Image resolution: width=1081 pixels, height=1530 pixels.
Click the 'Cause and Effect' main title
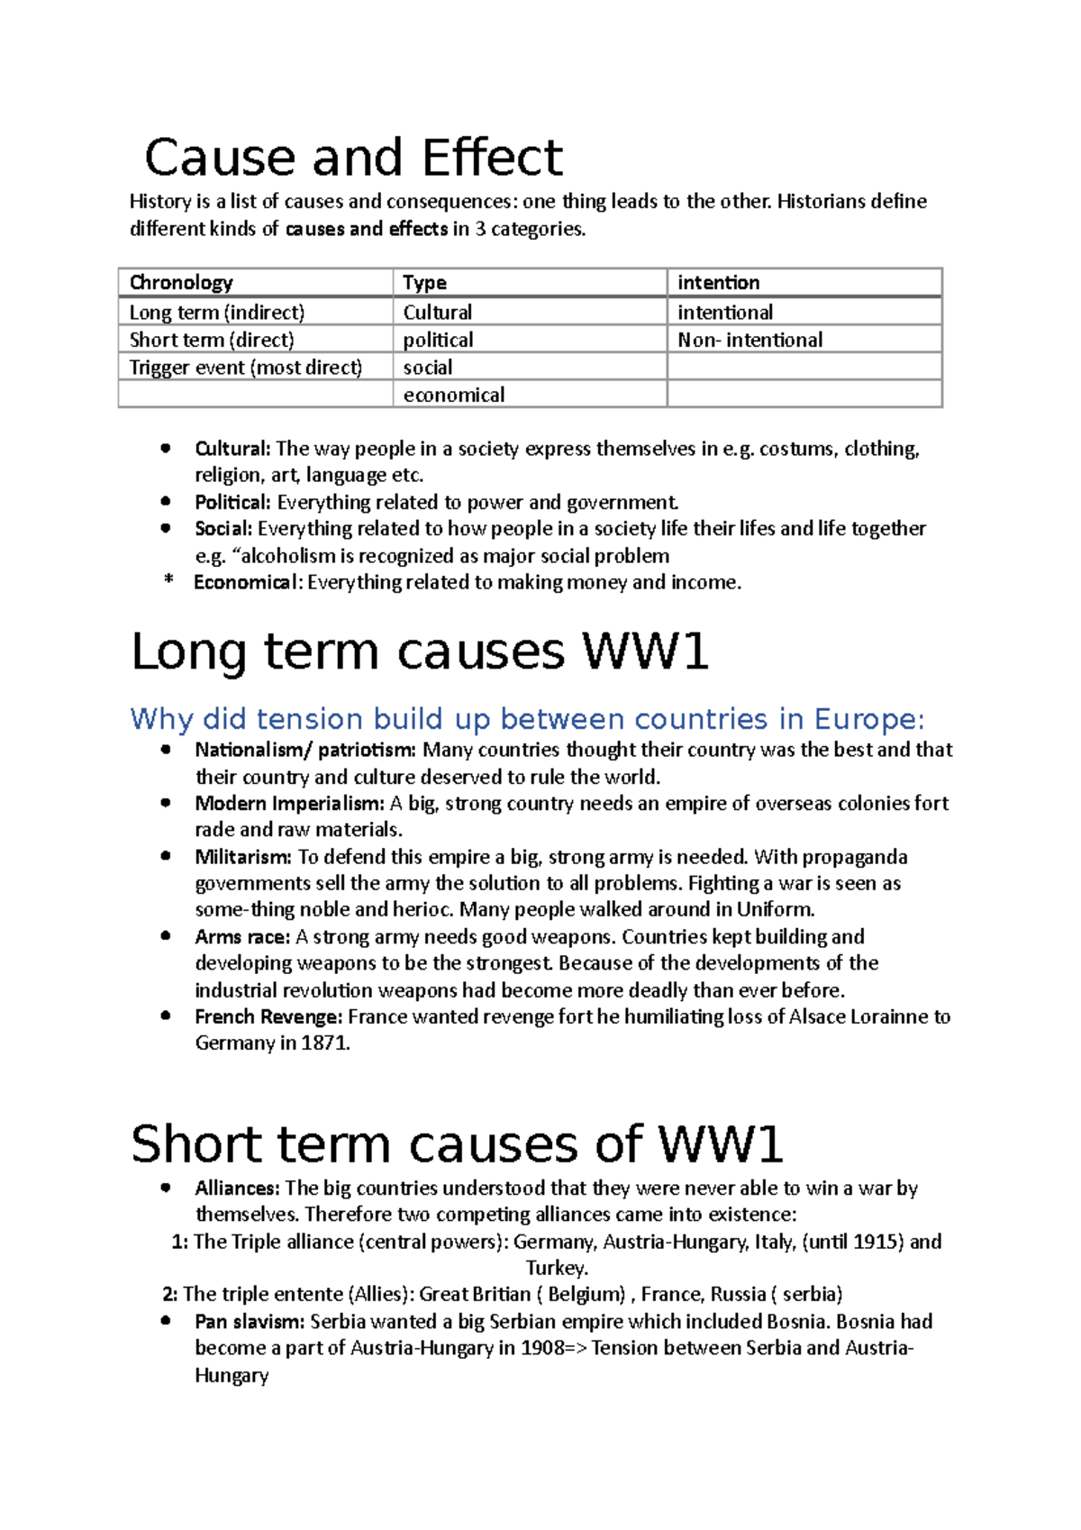pos(353,158)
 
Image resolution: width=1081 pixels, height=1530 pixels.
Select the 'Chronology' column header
pos(181,283)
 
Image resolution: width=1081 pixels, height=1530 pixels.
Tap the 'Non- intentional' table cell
pos(749,340)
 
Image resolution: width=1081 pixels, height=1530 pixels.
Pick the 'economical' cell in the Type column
pos(453,395)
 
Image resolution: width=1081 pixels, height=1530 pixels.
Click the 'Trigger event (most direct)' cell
pos(245,368)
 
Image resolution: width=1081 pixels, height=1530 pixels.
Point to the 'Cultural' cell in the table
pos(437,313)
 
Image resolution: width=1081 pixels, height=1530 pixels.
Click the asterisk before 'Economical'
pos(168,581)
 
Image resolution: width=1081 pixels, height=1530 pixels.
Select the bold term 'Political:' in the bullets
pos(232,502)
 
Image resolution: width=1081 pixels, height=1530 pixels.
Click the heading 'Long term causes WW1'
pos(420,651)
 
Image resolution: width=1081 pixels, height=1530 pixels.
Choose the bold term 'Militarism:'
pos(243,857)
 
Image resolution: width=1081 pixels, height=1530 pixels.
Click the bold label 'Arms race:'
pos(242,937)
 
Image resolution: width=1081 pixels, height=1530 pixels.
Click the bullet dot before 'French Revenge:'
pos(166,1015)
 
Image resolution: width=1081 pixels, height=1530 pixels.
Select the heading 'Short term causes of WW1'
pos(457,1144)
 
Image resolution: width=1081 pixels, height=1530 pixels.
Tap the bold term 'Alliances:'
pos(238,1188)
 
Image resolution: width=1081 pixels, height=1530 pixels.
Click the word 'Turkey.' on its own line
pos(557,1269)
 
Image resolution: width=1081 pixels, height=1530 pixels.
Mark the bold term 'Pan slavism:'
pos(250,1322)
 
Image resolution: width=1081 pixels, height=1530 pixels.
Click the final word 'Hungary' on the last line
pos(232,1376)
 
